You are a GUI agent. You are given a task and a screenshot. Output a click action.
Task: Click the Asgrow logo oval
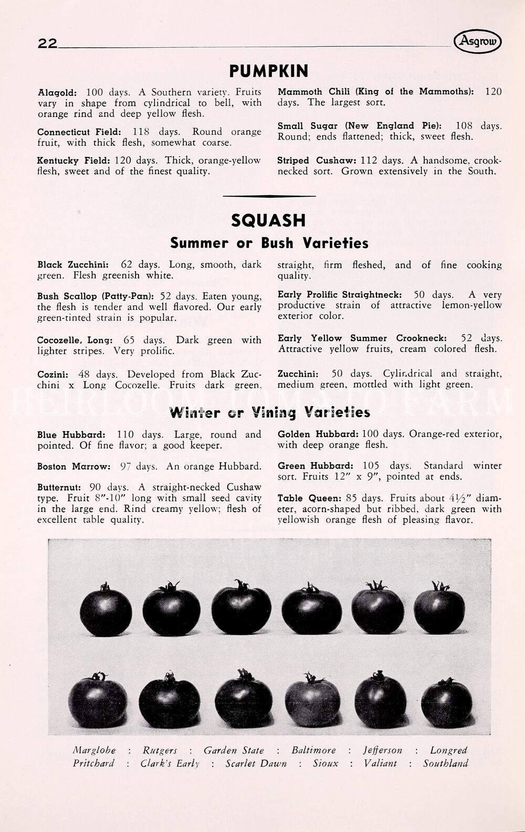point(477,42)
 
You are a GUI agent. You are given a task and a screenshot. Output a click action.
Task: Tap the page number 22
point(47,44)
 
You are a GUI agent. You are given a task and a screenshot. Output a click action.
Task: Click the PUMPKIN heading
point(269,71)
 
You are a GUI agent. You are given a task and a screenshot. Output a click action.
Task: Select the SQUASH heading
point(268,220)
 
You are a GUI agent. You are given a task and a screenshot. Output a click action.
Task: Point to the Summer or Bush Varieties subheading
point(269,243)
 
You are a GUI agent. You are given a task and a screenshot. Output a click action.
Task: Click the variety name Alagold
point(57,92)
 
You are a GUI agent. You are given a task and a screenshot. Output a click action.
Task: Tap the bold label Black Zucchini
point(72,265)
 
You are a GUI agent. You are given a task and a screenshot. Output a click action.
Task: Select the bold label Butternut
point(59,487)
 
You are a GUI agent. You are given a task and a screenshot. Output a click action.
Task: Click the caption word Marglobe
point(94,751)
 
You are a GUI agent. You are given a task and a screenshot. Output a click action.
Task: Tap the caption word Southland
point(446,764)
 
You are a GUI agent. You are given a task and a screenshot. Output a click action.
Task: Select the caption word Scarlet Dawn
point(256,764)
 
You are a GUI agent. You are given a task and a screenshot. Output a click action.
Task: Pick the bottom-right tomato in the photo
point(446,702)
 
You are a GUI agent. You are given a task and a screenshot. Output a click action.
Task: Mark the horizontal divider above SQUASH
point(269,196)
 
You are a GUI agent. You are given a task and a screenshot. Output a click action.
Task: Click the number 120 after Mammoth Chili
point(493,92)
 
